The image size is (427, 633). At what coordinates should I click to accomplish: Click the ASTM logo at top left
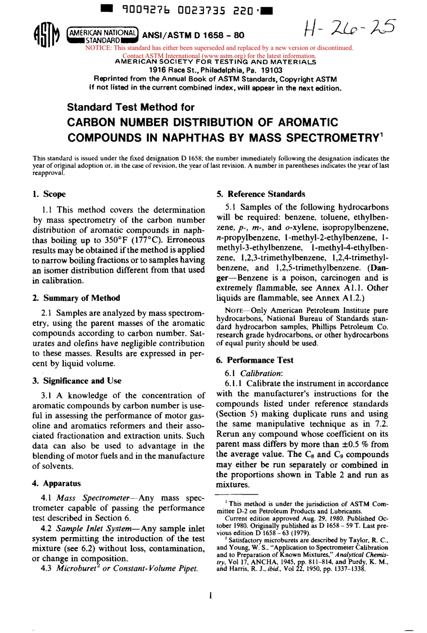tap(46, 36)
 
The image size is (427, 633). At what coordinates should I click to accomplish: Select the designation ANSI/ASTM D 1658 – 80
tap(193, 36)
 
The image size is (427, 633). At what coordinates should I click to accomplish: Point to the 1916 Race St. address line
tap(215, 70)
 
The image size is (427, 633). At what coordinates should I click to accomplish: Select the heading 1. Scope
tap(49, 194)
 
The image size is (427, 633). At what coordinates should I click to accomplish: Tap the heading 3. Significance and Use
tap(77, 381)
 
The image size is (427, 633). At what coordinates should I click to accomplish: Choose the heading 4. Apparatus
tap(57, 484)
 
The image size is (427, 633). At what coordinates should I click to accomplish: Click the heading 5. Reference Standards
tap(261, 194)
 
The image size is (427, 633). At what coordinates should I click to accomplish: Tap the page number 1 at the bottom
tap(210, 596)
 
